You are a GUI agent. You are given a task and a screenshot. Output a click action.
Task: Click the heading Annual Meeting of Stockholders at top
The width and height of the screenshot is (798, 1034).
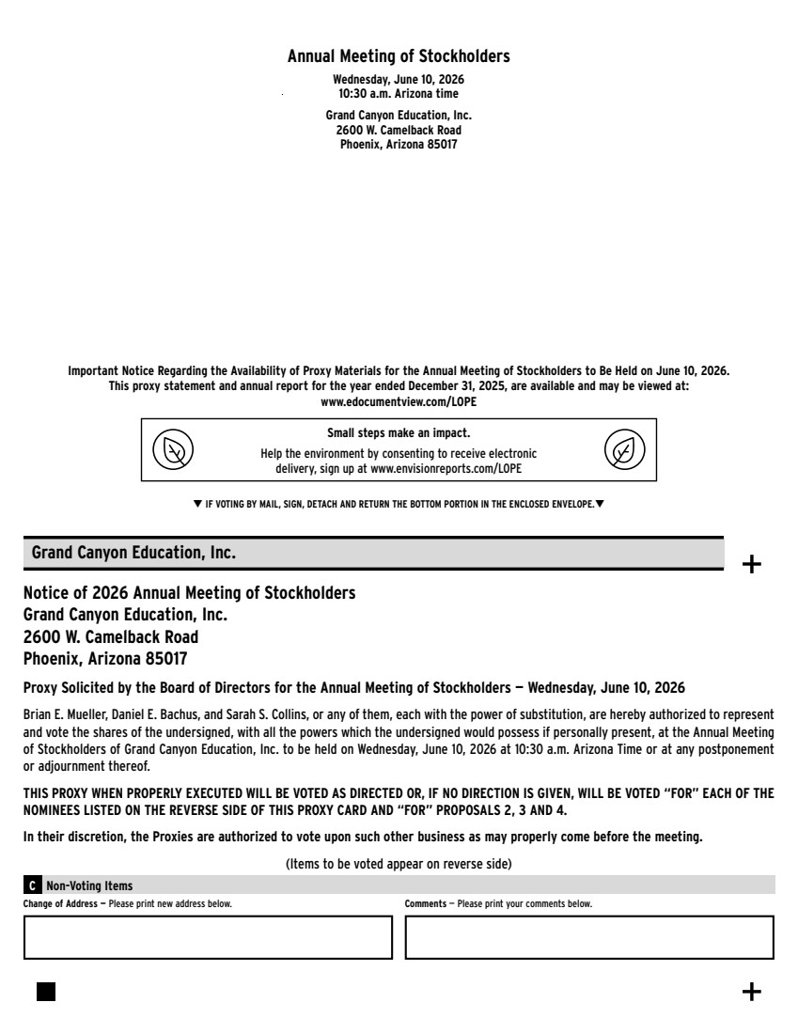click(399, 56)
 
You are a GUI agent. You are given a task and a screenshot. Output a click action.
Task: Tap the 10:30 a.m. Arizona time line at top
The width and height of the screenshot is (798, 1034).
click(399, 94)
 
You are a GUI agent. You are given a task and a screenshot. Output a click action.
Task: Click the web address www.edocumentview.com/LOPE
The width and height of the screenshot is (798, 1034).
click(399, 401)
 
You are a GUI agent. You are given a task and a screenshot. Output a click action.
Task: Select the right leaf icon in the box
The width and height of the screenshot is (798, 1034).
click(624, 450)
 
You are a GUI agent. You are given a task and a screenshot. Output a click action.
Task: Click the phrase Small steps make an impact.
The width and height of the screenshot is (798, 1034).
click(399, 433)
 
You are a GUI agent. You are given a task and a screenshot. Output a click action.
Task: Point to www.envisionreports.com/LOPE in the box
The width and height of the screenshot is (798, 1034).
click(446, 467)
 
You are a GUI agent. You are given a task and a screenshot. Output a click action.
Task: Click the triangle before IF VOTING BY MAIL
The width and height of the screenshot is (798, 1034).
click(197, 505)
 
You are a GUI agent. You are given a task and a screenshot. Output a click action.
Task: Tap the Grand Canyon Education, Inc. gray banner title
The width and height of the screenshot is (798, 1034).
click(133, 553)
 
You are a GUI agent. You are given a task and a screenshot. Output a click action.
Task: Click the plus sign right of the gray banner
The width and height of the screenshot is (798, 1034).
click(753, 564)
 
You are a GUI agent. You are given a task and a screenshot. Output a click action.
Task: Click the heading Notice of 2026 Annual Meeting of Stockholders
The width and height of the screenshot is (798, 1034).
click(189, 593)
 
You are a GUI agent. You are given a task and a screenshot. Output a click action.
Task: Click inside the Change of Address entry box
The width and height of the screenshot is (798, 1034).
click(208, 937)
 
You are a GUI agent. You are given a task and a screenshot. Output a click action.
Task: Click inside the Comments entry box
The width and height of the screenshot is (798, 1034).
click(589, 937)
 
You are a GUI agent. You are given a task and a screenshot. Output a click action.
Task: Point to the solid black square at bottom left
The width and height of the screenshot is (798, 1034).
click(46, 992)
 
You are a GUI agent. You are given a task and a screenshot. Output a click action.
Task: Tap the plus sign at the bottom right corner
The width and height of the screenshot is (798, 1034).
click(752, 992)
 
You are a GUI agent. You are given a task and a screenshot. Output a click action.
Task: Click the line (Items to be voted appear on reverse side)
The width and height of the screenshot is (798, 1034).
click(399, 863)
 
